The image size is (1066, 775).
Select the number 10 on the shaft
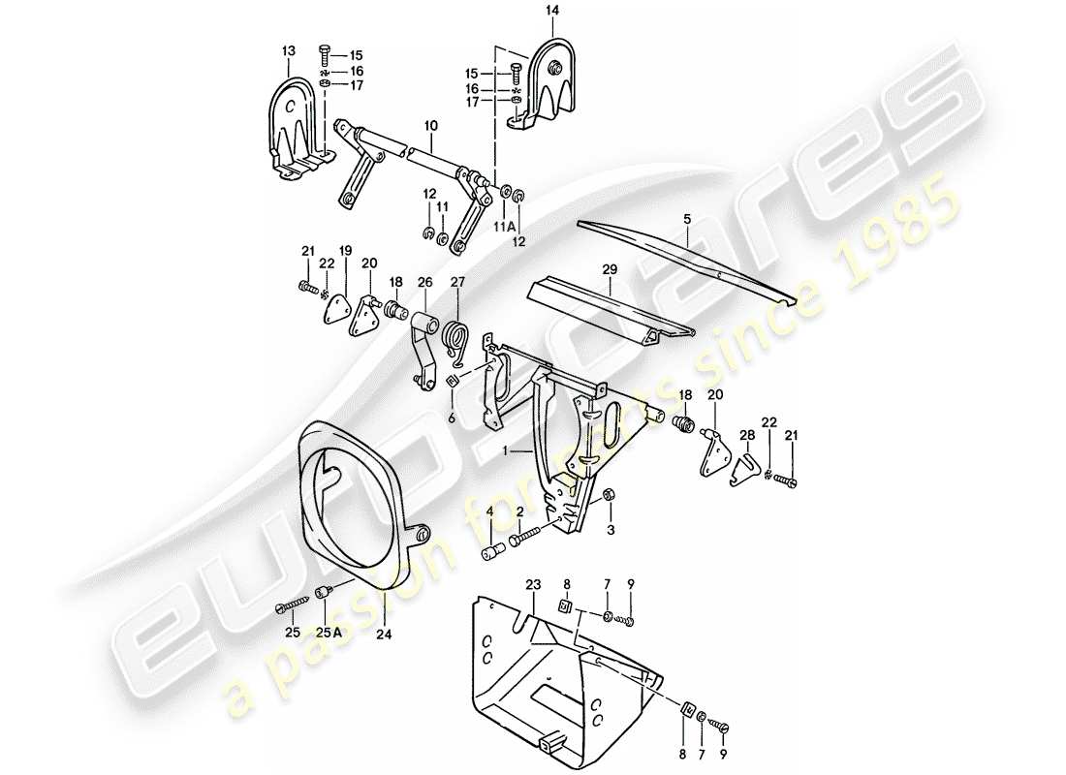(x=431, y=126)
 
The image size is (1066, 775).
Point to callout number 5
(x=685, y=220)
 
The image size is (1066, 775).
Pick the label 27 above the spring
(x=458, y=283)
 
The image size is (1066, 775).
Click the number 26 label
(x=423, y=283)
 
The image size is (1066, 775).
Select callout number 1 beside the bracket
(x=505, y=451)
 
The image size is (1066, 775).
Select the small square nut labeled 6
(x=452, y=387)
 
